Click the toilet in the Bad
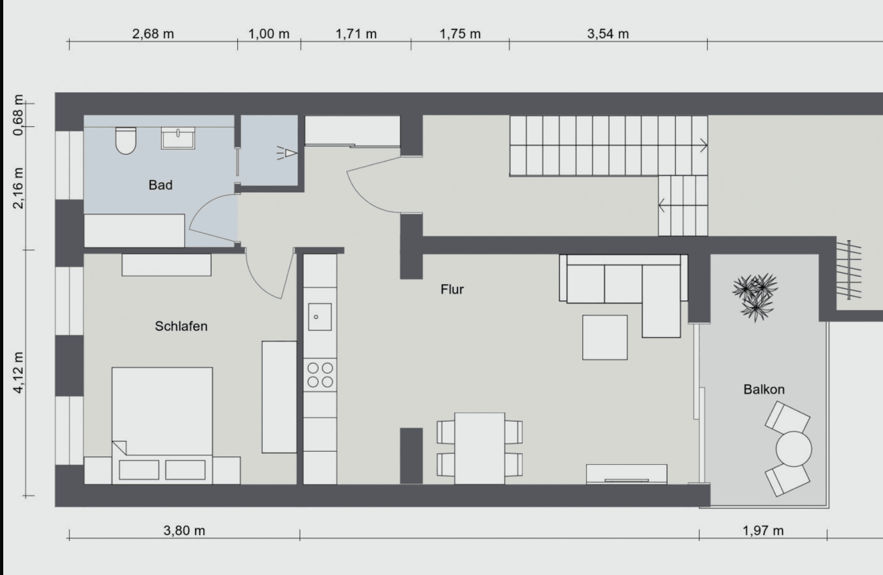(x=126, y=141)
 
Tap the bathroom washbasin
(x=178, y=138)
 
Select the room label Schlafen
(x=181, y=326)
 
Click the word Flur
(x=452, y=290)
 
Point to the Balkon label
(x=763, y=389)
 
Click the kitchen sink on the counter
(x=320, y=316)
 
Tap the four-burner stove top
(x=320, y=375)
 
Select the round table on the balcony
(x=794, y=449)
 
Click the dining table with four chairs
(x=479, y=448)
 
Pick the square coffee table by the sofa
(x=604, y=338)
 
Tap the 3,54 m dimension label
(x=608, y=34)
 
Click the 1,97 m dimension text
(x=763, y=531)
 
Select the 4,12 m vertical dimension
(x=19, y=373)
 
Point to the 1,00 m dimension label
(x=268, y=34)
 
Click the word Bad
(x=160, y=185)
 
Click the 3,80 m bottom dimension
(x=184, y=531)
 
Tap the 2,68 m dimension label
(x=153, y=34)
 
